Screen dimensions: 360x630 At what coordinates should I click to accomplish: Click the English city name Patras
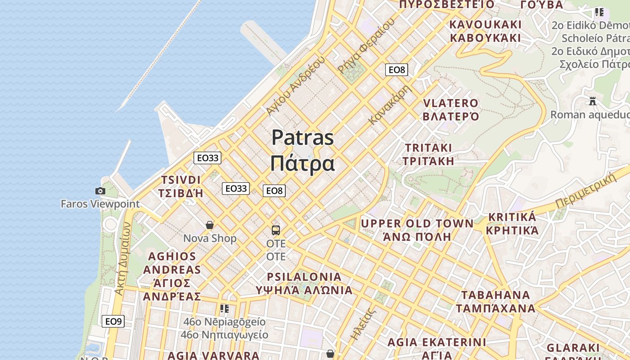pyautogui.click(x=302, y=138)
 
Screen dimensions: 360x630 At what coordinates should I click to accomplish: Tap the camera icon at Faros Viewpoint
pyautogui.click(x=100, y=191)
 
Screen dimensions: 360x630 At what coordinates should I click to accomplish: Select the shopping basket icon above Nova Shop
pyautogui.click(x=209, y=225)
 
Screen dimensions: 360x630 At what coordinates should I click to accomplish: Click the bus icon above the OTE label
pyautogui.click(x=276, y=230)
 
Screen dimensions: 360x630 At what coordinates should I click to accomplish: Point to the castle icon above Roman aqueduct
pyautogui.click(x=593, y=101)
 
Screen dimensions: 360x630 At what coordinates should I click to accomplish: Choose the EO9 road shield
pyautogui.click(x=113, y=321)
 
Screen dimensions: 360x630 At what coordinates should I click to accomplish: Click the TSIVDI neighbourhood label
pyautogui.click(x=181, y=180)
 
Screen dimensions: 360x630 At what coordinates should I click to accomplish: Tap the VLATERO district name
pyautogui.click(x=451, y=103)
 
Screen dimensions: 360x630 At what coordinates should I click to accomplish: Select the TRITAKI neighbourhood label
pyautogui.click(x=428, y=148)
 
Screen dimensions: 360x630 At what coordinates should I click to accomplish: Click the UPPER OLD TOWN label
pyautogui.click(x=417, y=224)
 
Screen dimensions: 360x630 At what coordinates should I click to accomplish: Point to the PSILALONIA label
pyautogui.click(x=304, y=277)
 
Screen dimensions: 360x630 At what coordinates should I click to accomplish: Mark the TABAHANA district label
pyautogui.click(x=495, y=295)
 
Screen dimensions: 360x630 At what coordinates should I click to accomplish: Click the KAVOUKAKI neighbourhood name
pyautogui.click(x=486, y=24)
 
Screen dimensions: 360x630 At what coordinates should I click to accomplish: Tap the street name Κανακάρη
pyautogui.click(x=390, y=105)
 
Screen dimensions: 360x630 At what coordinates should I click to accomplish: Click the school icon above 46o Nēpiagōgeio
pyautogui.click(x=224, y=309)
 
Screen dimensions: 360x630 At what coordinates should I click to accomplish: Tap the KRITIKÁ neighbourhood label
pyautogui.click(x=512, y=217)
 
